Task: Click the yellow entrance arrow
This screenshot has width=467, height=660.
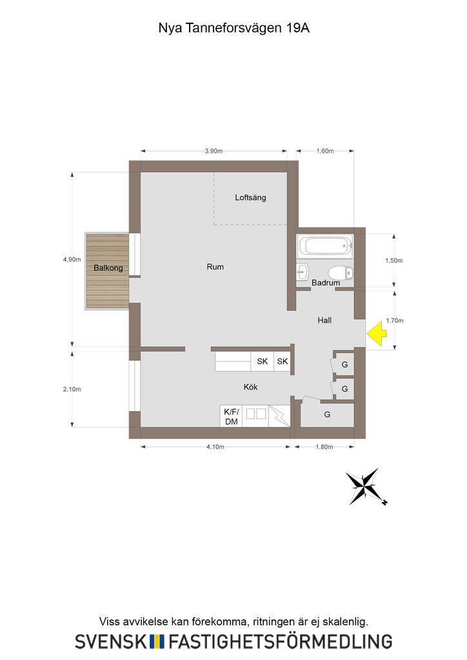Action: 376,333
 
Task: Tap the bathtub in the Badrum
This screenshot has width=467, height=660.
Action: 324,246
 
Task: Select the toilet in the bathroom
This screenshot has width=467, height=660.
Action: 341,273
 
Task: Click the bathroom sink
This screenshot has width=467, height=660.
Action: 303,271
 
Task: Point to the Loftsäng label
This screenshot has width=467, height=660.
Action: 250,197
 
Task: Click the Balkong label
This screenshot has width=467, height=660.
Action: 108,267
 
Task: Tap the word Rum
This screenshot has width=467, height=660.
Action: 215,267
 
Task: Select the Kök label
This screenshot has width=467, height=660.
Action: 250,387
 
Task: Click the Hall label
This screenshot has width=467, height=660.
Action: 324,320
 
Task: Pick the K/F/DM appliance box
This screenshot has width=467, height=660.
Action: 231,416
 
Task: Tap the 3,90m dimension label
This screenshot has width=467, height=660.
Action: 214,151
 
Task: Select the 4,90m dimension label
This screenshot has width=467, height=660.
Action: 72,259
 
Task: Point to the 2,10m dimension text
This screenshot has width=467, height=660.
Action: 72,389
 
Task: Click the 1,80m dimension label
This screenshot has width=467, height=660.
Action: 324,447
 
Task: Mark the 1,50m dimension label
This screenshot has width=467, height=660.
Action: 394,260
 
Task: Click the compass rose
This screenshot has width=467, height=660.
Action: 366,487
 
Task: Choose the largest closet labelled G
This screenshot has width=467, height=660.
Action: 327,415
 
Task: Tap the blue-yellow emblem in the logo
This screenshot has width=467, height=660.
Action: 157,641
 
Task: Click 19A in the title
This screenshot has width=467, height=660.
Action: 298,28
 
